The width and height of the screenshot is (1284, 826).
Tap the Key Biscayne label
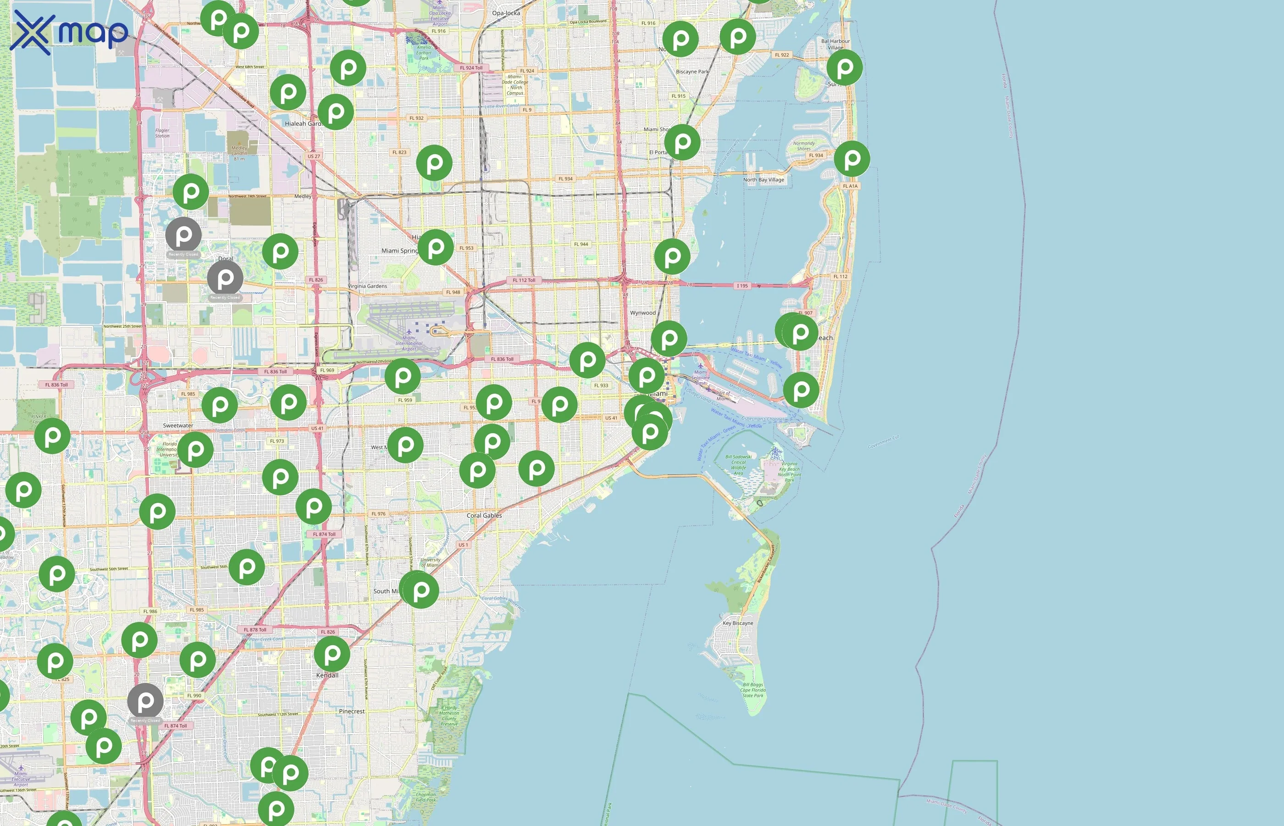(737, 623)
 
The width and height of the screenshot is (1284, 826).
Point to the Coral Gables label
(484, 515)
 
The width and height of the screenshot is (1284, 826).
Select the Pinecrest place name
(352, 711)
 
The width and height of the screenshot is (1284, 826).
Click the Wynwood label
(642, 313)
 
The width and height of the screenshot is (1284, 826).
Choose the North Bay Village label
(763, 180)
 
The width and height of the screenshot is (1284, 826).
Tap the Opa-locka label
(505, 13)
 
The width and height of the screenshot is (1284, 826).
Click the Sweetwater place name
(178, 425)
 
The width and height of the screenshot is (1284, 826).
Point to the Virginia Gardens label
(367, 286)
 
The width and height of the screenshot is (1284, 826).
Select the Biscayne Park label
(692, 71)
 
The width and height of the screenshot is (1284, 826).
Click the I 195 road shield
(742, 286)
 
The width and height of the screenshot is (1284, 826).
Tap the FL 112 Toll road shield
(524, 280)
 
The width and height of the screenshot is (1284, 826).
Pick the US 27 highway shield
(314, 156)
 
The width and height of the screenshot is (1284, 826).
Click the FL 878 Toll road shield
(255, 630)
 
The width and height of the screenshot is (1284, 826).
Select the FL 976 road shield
(378, 514)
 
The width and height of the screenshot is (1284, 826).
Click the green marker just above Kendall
(332, 653)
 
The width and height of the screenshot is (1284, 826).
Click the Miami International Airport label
(409, 343)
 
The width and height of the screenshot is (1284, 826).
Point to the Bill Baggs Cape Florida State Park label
(753, 690)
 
